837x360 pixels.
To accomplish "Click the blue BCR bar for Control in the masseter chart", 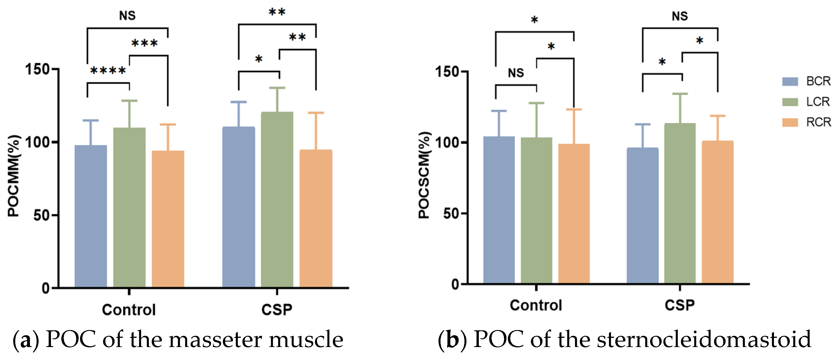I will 91,216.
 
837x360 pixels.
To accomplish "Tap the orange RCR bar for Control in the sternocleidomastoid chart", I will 574,213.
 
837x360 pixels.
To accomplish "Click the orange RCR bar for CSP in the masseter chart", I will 316,218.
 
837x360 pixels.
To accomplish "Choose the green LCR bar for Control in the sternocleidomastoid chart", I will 536,210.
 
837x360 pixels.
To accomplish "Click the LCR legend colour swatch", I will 790,102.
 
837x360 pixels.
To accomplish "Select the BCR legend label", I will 818,81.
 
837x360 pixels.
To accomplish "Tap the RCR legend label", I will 818,122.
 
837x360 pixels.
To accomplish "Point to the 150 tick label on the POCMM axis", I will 37,69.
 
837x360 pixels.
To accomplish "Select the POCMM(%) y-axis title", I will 14,175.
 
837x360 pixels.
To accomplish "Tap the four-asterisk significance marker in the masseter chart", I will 108,71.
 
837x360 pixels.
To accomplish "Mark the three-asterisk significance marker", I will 144,43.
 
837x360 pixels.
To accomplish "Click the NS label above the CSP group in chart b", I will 680,16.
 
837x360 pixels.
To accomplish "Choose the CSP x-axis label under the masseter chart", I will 276,309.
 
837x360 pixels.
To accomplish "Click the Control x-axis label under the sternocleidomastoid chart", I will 536,305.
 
